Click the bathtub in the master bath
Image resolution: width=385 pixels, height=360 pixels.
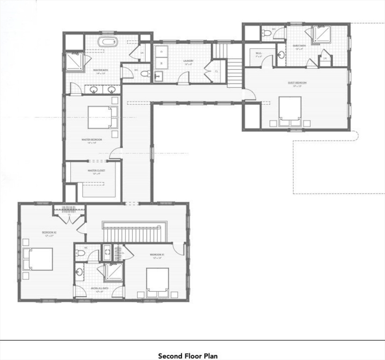pos(108,43)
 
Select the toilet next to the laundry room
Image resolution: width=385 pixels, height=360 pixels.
pos(146,74)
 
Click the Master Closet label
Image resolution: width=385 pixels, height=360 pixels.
pos(96,171)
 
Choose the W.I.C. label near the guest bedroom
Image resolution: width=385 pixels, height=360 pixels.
pos(259,53)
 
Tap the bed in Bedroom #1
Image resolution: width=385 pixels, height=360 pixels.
pos(157,282)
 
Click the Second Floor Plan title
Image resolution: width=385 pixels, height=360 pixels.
pos(187,356)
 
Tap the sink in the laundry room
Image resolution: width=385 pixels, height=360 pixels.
pos(157,75)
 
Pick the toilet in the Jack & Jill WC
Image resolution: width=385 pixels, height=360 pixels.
pos(80,253)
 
